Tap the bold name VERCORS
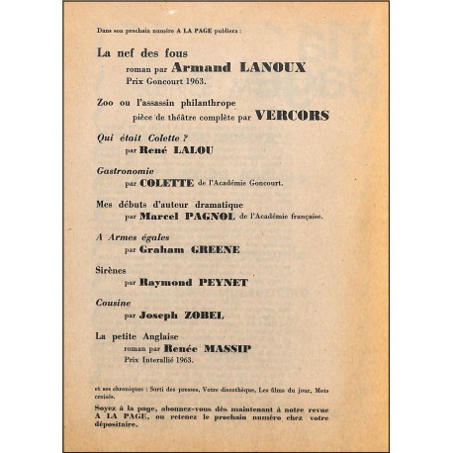tap(292, 115)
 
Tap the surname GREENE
tap(216, 249)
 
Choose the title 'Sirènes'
tap(112, 267)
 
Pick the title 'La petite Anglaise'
tap(137, 335)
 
